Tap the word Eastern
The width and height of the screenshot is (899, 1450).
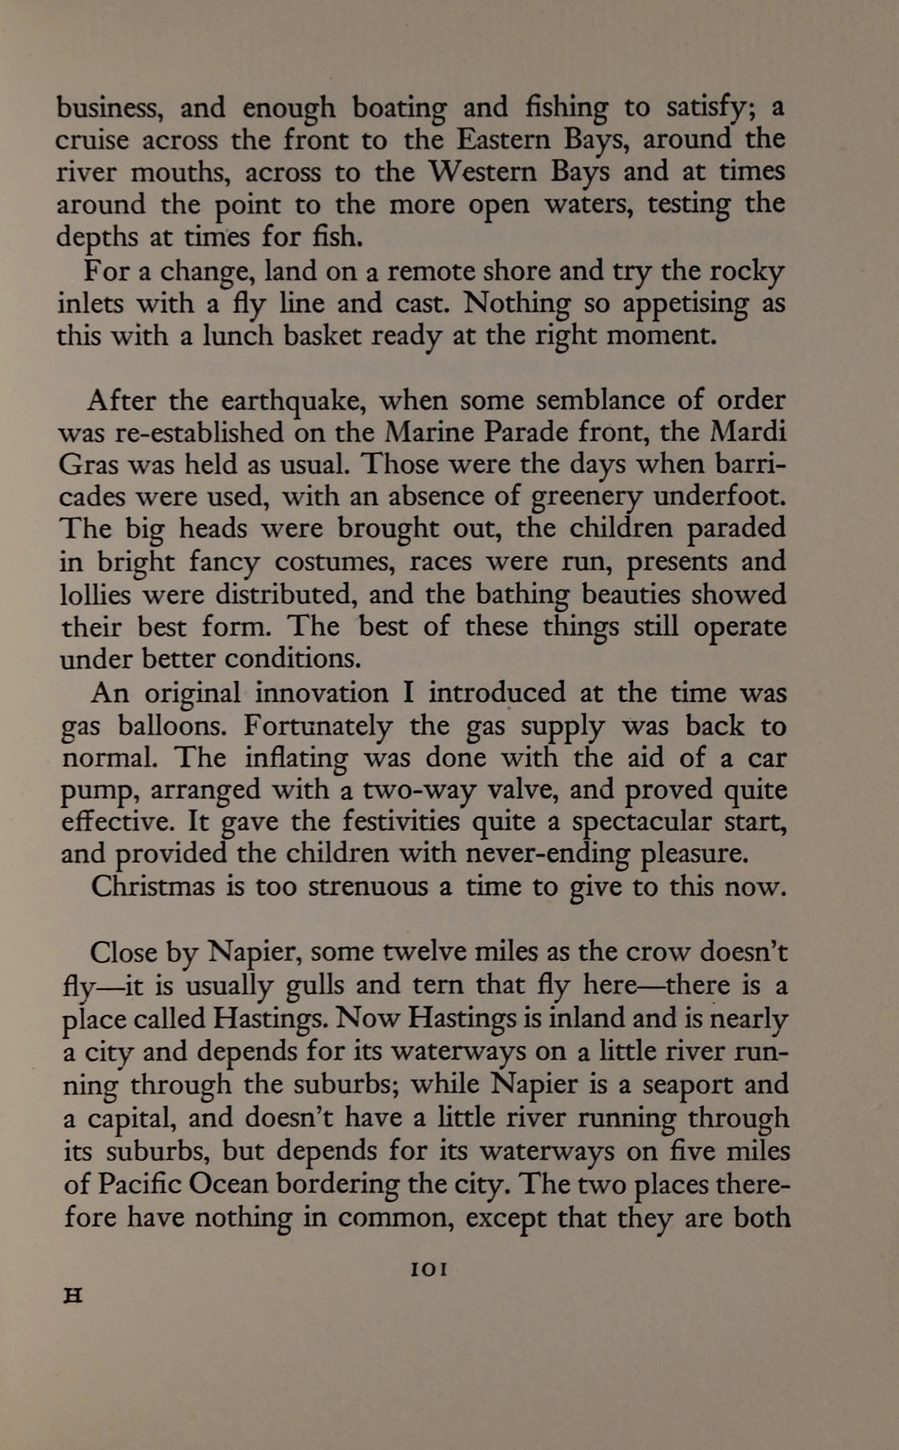[503, 139]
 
